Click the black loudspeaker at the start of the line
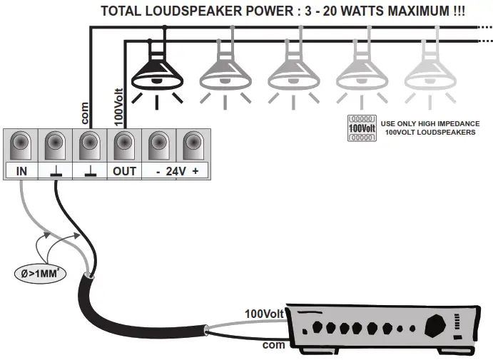pos(159,71)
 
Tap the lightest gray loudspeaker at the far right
pos(429,71)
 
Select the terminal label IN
pos(21,171)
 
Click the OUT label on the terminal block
pos(124,171)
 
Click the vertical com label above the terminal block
pos(83,113)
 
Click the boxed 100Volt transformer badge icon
pos(361,128)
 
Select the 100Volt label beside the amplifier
pos(265,313)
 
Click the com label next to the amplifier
pos(274,344)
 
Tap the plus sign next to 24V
pos(195,171)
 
